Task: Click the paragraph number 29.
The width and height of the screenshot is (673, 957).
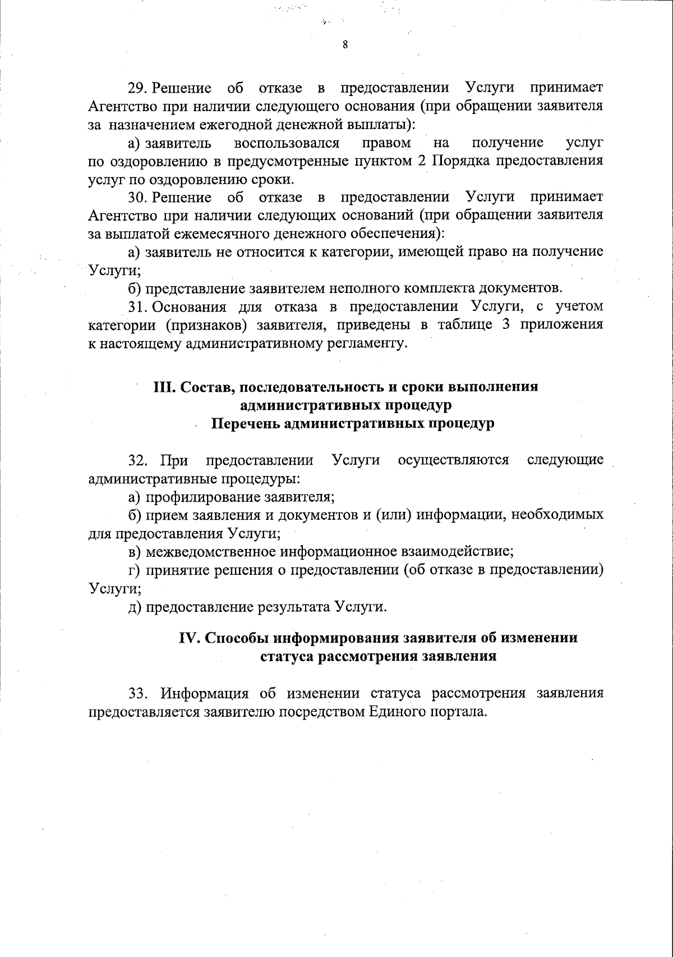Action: (x=137, y=89)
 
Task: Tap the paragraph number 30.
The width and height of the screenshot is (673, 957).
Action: (x=137, y=198)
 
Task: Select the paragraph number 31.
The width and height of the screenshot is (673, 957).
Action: (x=137, y=307)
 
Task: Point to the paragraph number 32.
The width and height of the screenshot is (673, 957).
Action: (x=138, y=461)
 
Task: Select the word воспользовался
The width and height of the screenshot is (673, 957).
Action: (x=287, y=143)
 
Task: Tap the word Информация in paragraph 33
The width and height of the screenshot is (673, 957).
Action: (x=205, y=693)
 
